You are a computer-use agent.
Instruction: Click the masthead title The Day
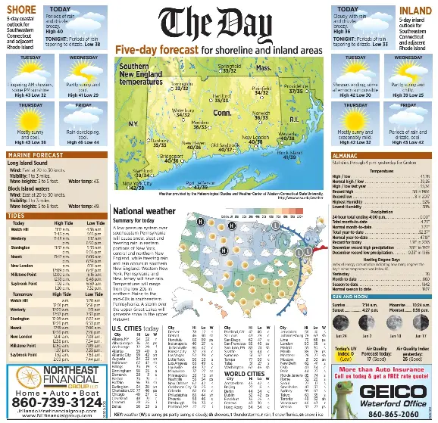(x=218, y=23)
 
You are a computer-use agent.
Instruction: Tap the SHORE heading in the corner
(x=19, y=10)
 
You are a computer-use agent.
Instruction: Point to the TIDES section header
(x=16, y=215)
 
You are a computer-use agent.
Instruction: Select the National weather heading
(x=144, y=210)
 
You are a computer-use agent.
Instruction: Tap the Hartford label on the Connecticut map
(x=221, y=96)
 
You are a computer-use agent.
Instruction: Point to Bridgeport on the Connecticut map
(x=171, y=156)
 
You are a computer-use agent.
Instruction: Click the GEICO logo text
(x=389, y=391)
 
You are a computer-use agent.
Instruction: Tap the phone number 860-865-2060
(x=390, y=413)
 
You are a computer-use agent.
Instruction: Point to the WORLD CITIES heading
(x=243, y=374)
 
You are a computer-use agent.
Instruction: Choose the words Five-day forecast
(x=158, y=49)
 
